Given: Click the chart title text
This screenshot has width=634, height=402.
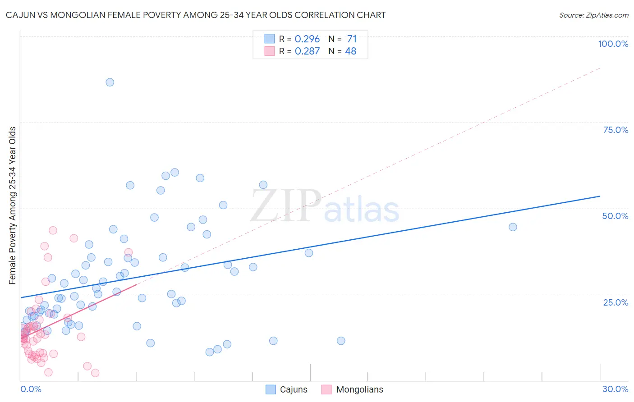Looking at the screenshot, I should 195,15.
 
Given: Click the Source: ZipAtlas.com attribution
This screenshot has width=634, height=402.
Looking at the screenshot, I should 593,15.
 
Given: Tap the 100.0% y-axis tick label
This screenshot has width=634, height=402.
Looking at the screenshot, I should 613,44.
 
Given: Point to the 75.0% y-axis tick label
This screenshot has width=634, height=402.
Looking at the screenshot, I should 616,130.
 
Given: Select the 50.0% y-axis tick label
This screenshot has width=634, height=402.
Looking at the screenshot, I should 615,216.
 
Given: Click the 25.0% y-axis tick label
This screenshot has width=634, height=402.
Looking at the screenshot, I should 616,302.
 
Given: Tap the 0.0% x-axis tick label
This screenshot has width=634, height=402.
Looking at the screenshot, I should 31,389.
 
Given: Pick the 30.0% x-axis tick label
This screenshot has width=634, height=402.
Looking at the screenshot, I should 615,389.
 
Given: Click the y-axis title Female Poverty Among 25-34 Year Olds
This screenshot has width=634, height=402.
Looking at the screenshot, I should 13,206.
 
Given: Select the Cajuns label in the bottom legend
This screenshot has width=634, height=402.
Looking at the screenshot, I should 294,389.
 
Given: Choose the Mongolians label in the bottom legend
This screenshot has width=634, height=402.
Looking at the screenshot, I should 359,389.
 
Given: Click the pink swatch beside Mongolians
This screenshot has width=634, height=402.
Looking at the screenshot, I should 326,389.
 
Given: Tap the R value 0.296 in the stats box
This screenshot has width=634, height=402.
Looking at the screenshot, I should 307,39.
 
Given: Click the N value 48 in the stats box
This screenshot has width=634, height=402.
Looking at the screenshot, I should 350,51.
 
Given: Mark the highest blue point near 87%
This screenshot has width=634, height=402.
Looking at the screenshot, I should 110,82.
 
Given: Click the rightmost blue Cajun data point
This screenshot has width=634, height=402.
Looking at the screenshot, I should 513,227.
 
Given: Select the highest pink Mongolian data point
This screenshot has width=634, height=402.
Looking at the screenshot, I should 53,230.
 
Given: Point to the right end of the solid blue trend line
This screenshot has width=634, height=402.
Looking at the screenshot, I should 600,196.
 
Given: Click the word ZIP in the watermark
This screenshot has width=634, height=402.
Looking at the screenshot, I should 285,206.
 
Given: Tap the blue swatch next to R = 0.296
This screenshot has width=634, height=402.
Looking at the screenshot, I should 270,39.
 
